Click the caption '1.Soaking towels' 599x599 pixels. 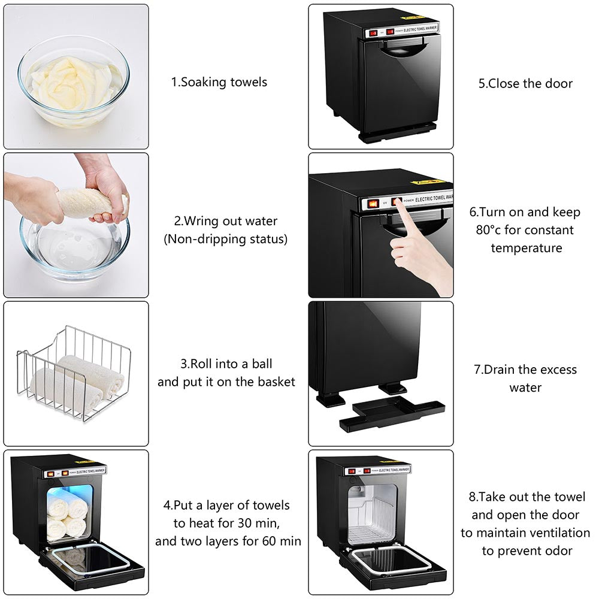pyautogui.click(x=219, y=82)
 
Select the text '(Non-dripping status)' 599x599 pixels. pyautogui.click(x=225, y=239)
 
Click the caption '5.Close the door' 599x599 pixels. pyautogui.click(x=525, y=84)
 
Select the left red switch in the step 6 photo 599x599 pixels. pyautogui.click(x=373, y=204)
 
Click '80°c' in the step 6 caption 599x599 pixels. pyautogui.click(x=488, y=230)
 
